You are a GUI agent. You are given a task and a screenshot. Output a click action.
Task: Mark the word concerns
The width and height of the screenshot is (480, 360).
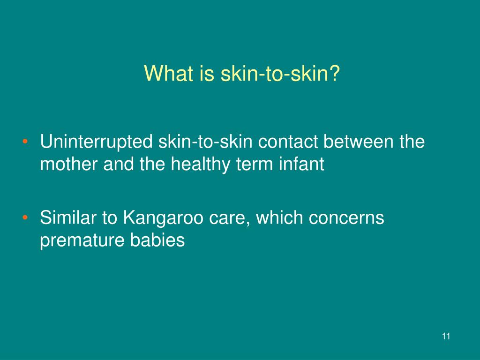click(346, 218)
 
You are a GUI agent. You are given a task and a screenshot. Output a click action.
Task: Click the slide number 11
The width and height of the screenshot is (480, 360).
click(446, 336)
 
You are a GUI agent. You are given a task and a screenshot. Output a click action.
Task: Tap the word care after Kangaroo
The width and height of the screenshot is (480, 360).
click(227, 218)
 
